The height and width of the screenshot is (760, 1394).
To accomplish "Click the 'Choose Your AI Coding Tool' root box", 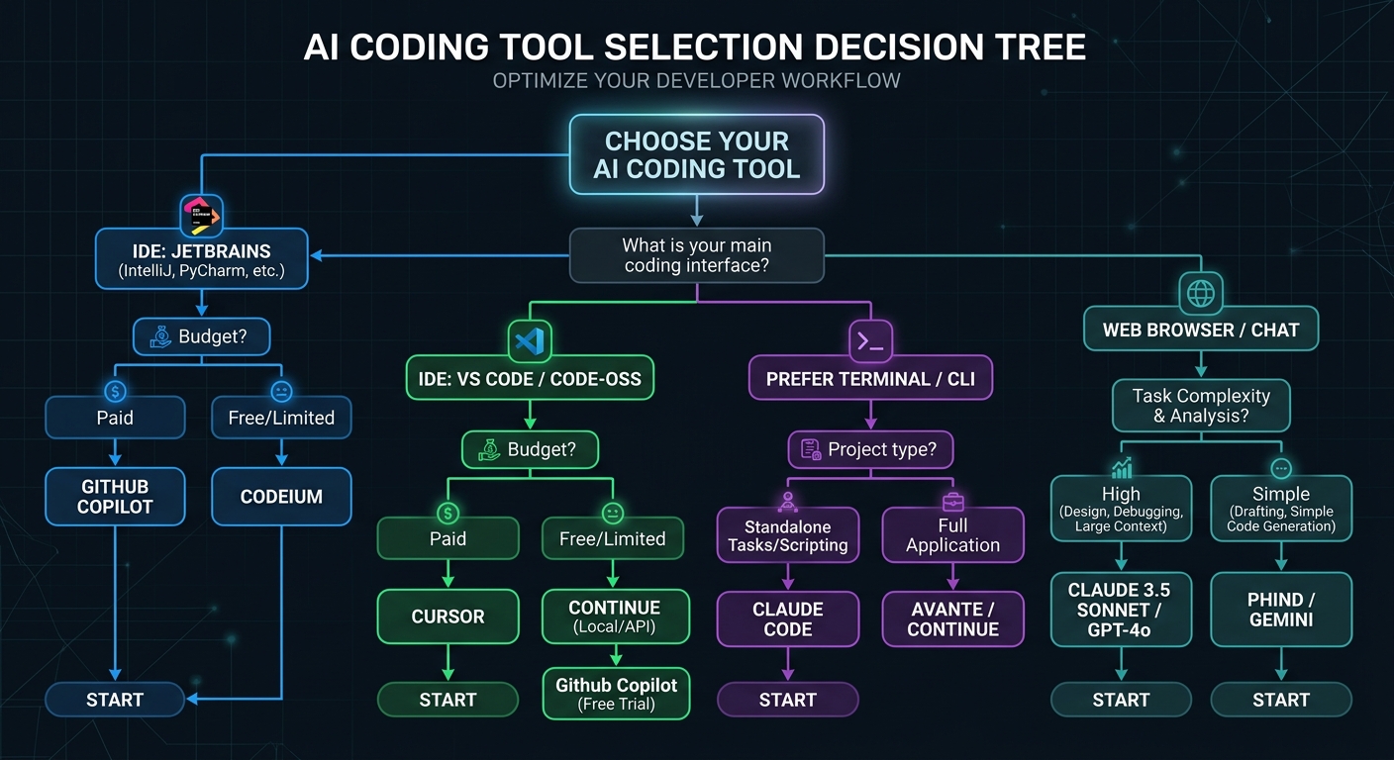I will point(696,154).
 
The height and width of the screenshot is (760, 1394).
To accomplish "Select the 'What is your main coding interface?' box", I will point(696,256).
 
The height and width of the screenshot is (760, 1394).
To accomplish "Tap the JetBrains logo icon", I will point(202,214).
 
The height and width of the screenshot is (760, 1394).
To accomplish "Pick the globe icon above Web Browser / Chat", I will point(1201,294).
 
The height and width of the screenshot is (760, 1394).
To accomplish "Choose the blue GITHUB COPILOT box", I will point(115,497).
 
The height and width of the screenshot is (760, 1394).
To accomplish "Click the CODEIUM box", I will point(281,497).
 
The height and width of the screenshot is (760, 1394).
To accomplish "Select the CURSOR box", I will point(448,617).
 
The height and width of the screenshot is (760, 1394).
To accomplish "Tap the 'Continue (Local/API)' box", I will point(614,617).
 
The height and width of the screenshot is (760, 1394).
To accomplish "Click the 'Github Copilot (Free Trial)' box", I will point(616,694).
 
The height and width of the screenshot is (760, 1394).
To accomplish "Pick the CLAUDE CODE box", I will point(787,618).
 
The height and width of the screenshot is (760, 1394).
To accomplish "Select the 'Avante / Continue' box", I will point(952,618).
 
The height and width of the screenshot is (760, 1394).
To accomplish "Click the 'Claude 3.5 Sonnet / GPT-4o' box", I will point(1121,610).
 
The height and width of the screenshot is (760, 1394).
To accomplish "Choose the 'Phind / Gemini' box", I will point(1280,610).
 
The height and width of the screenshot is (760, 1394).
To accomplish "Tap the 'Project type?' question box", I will point(870,449).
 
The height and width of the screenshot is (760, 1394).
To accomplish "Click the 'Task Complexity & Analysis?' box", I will point(1199,406).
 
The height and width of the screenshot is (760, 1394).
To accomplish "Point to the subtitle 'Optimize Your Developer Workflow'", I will point(696,80).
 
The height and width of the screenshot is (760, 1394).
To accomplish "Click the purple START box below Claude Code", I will point(787,700).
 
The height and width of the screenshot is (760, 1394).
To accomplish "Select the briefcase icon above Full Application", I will point(952,500).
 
